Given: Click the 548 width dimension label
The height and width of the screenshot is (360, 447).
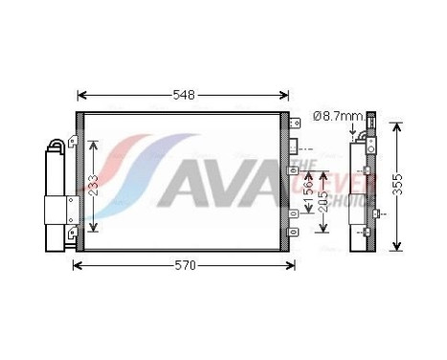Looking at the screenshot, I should (184, 95).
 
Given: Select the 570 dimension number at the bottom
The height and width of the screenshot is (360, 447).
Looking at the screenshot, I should (184, 265).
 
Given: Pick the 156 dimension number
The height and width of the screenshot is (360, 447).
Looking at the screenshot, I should (307, 183).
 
